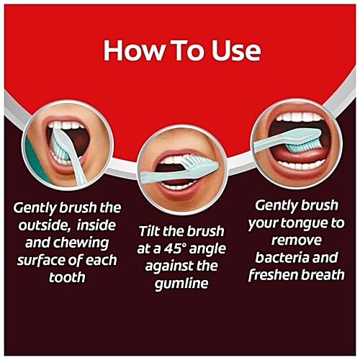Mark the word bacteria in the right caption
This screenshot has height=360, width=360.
281,257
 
